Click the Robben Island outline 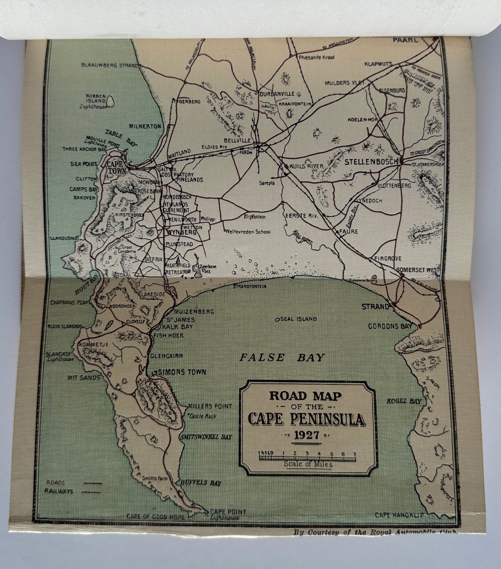[111, 101]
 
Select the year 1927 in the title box [306, 435]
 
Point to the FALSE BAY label [283, 357]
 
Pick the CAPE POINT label [228, 511]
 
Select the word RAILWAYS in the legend [59, 491]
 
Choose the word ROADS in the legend [56, 482]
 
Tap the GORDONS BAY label [390, 326]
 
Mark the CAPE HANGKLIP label [399, 515]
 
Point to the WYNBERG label [182, 232]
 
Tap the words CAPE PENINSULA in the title [306, 420]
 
